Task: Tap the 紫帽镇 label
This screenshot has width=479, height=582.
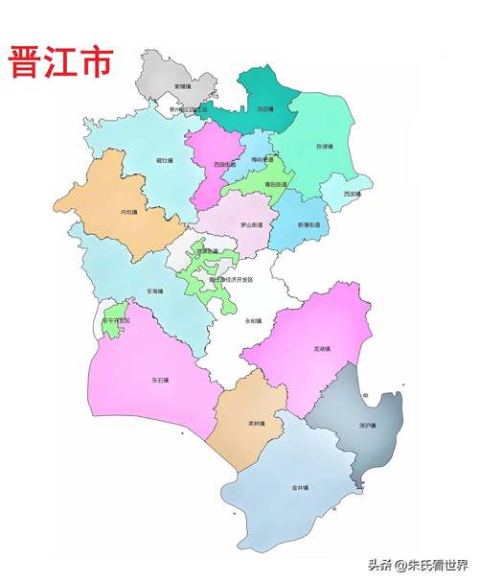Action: coord(183,86)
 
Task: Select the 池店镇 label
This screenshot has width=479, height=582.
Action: coord(264,109)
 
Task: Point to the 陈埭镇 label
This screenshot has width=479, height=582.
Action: coord(324,147)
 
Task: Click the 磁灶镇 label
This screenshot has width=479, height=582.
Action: coord(164,160)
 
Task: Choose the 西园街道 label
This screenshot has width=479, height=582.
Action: coord(225,164)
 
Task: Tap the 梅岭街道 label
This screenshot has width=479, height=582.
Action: coord(262,160)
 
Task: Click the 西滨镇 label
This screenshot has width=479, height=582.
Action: coord(352,194)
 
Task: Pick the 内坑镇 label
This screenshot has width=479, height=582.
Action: coord(131,212)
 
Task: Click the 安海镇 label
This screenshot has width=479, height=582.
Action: coord(154,291)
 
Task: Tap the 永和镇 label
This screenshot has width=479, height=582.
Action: coord(253,320)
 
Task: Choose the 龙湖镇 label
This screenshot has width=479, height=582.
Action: coord(323,350)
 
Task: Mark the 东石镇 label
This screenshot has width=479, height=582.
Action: coord(158,380)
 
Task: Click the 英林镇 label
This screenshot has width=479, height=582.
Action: coord(257,422)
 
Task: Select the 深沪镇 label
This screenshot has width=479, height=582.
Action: coord(366,425)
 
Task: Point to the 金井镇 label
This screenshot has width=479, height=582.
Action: coord(298,487)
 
